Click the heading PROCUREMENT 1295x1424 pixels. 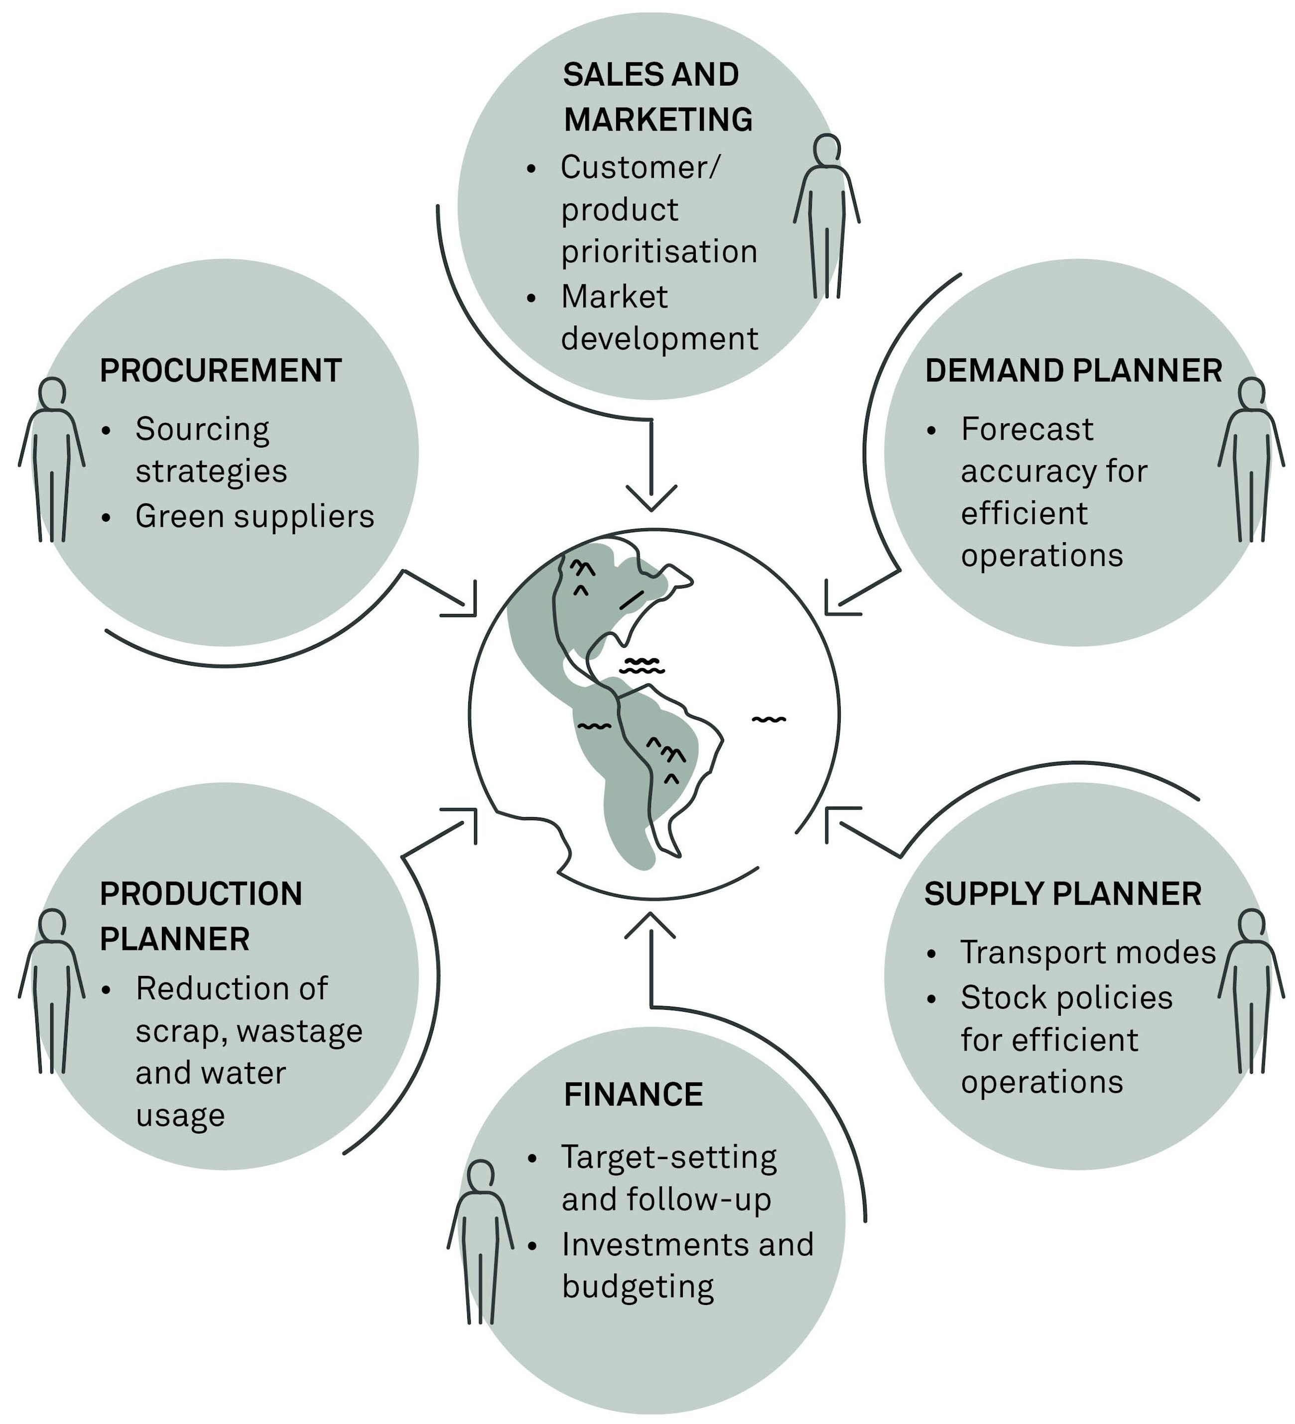click(221, 371)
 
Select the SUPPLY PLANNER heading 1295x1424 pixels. click(1062, 894)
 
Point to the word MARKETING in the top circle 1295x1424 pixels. click(658, 119)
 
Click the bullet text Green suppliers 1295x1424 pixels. click(255, 516)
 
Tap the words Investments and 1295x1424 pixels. click(687, 1245)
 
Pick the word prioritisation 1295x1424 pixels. click(658, 252)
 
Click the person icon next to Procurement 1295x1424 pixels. click(52, 459)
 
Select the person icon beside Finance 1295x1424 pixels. click(481, 1241)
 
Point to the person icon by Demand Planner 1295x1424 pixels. click(1251, 459)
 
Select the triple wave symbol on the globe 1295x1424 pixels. click(642, 665)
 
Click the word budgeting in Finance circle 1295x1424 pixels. click(637, 1287)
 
